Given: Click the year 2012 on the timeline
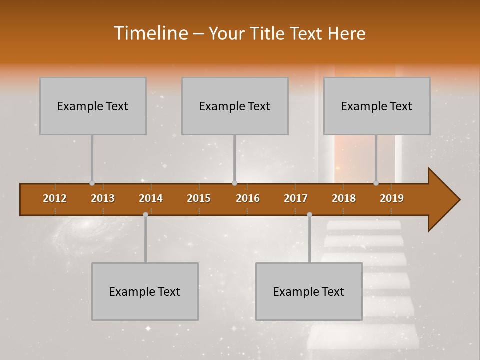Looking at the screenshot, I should (x=55, y=199).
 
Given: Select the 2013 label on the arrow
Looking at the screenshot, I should (x=103, y=199).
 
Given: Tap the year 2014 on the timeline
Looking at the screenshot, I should (x=151, y=199).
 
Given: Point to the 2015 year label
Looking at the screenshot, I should (x=199, y=199).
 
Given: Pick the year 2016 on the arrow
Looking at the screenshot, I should (x=248, y=199).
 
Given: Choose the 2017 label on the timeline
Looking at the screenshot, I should (x=296, y=199).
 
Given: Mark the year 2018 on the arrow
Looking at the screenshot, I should (x=344, y=199).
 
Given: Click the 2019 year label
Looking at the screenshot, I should (x=392, y=199).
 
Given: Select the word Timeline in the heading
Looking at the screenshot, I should (x=150, y=33).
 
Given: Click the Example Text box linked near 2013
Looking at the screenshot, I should (x=93, y=106).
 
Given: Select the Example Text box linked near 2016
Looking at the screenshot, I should (x=235, y=106).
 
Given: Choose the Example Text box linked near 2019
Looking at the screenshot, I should (x=377, y=106).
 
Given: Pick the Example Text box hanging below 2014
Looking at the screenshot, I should (x=145, y=291).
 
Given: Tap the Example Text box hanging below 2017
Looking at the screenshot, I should (x=309, y=291).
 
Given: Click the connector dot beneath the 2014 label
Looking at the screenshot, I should (x=145, y=214).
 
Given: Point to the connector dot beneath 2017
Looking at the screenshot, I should (x=309, y=214).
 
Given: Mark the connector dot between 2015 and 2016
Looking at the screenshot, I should (x=234, y=183).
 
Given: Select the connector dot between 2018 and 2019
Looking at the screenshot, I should (x=376, y=183).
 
